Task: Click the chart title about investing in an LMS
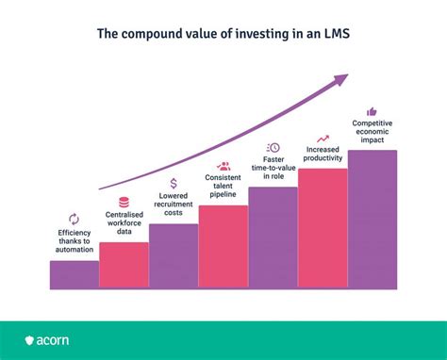pyautogui.click(x=223, y=34)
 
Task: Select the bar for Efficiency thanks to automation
pyautogui.click(x=74, y=274)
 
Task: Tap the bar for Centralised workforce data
pyautogui.click(x=124, y=265)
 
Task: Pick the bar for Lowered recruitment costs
pyautogui.click(x=174, y=255)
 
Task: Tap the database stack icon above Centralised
pyautogui.click(x=124, y=202)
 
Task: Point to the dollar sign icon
pyautogui.click(x=174, y=184)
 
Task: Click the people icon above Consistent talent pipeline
pyautogui.click(x=223, y=166)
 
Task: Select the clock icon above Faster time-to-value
pyautogui.click(x=273, y=147)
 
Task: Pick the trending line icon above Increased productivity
pyautogui.click(x=323, y=138)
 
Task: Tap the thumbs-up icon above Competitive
pyautogui.click(x=372, y=111)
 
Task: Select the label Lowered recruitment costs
pyautogui.click(x=174, y=205)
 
